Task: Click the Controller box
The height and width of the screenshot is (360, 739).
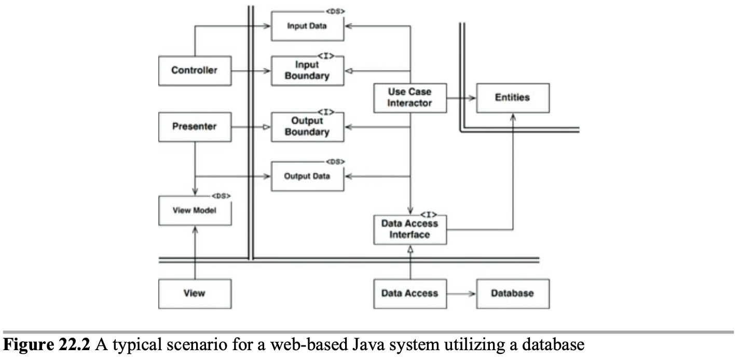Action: [195, 71]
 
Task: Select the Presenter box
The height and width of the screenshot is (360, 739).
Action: [195, 127]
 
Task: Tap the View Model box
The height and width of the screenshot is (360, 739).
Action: [195, 211]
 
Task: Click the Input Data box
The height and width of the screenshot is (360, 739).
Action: [307, 26]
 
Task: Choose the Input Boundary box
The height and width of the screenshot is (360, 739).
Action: [307, 71]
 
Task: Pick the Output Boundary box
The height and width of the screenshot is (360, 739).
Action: [307, 127]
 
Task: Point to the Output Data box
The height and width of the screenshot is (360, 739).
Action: [307, 176]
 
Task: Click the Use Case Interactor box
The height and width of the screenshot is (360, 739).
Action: [410, 98]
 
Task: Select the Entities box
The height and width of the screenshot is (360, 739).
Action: [513, 98]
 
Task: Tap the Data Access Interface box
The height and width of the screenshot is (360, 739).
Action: [410, 230]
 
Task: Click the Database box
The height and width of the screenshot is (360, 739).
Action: [513, 294]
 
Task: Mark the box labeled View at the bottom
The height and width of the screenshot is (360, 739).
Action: [195, 294]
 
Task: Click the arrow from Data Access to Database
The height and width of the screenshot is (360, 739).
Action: [461, 294]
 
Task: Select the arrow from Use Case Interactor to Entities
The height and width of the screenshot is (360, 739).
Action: [461, 98]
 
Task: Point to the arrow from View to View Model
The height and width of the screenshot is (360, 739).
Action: [195, 253]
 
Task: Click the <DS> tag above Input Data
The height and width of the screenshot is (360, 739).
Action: [335, 11]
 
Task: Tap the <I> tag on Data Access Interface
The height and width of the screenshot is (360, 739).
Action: [429, 215]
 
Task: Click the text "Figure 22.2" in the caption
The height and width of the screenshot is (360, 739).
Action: [46, 345]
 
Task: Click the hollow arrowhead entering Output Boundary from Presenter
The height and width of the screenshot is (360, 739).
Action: [267, 127]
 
